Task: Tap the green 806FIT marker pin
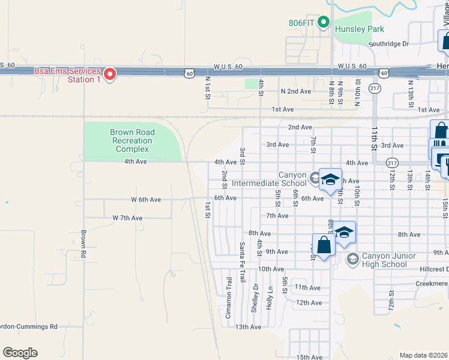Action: pyautogui.click(x=324, y=23)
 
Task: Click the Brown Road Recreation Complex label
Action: pyautogui.click(x=132, y=140)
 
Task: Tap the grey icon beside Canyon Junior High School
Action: pyautogui.click(x=352, y=259)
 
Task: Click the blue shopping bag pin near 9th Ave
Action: pyautogui.click(x=324, y=246)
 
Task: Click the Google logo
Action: pyautogui.click(x=20, y=352)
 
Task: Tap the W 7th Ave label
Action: pyautogui.click(x=128, y=218)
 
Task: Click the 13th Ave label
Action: pyautogui.click(x=248, y=327)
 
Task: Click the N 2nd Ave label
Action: pyautogui.click(x=296, y=91)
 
